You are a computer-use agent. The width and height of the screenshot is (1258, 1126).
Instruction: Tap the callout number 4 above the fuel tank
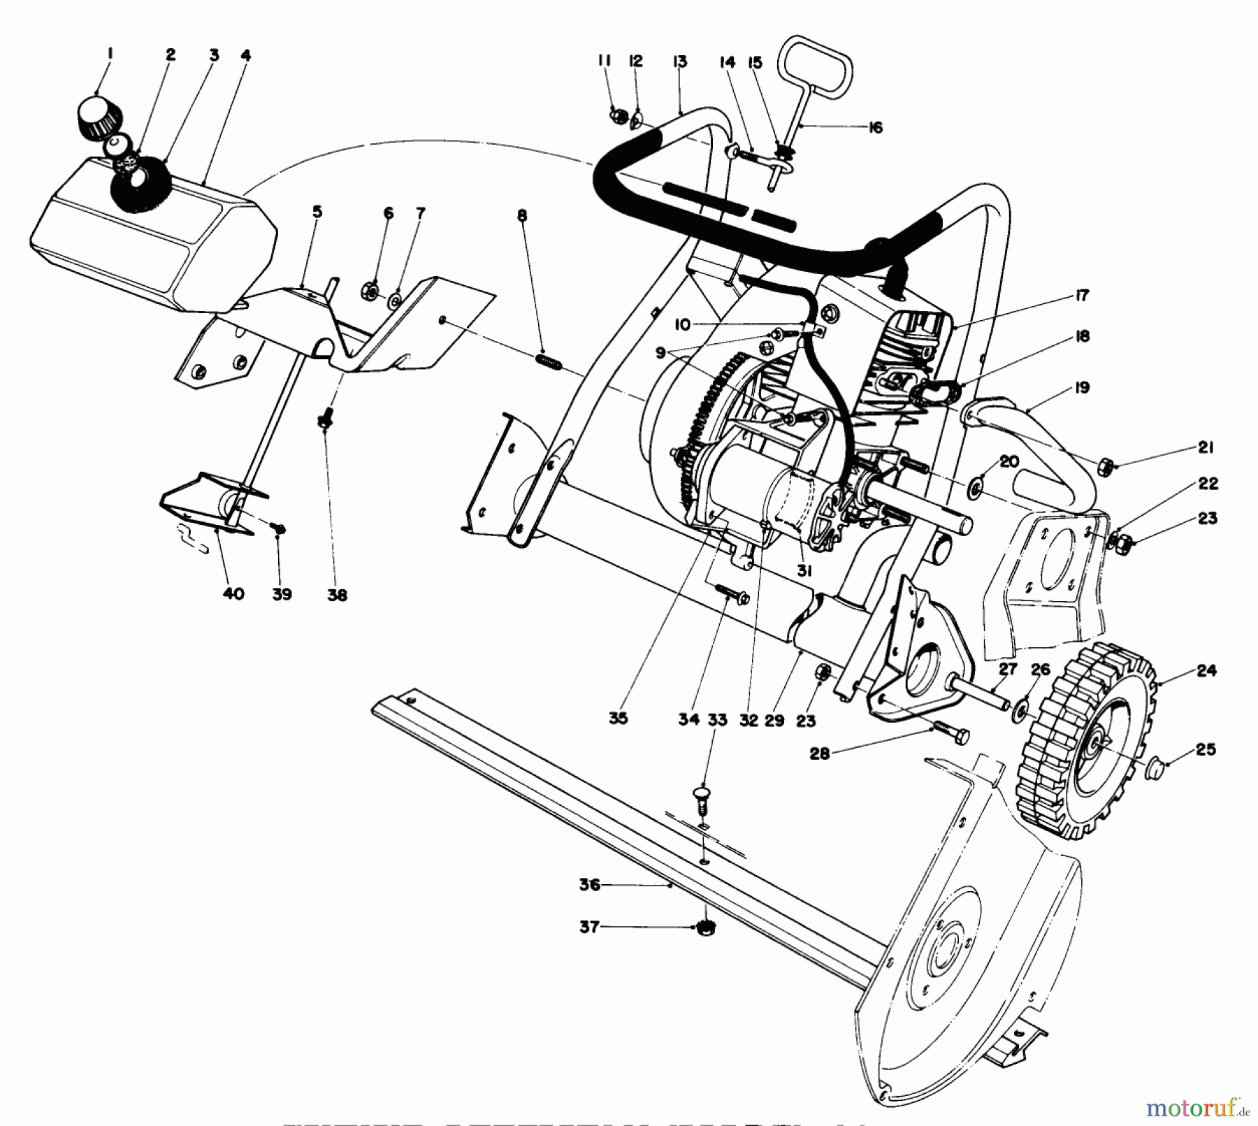[x=245, y=55]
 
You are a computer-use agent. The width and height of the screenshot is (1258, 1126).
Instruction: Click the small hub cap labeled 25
[x=1154, y=769]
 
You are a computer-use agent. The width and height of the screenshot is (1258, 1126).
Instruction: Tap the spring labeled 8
[x=549, y=362]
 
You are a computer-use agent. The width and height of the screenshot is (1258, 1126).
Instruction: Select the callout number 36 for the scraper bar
[x=589, y=885]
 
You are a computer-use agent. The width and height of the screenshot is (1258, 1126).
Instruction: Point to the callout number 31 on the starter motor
[x=804, y=570]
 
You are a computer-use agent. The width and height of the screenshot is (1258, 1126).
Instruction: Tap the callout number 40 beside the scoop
[x=233, y=593]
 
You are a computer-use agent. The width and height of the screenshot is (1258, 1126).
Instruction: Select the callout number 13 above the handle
[x=679, y=62]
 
